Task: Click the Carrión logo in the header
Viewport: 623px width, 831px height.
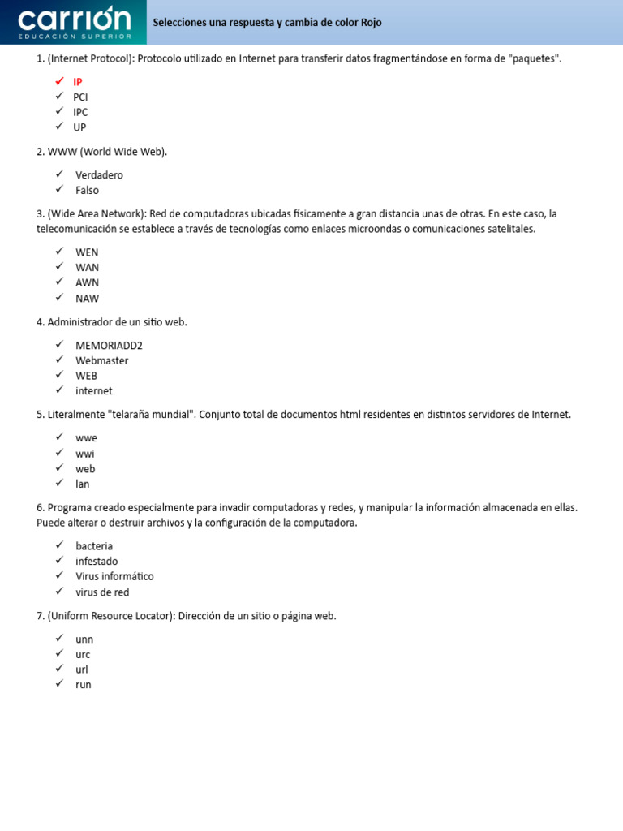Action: pyautogui.click(x=74, y=22)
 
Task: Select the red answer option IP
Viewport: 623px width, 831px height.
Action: pyautogui.click(x=78, y=82)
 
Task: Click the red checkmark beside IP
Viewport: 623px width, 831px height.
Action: pyautogui.click(x=59, y=81)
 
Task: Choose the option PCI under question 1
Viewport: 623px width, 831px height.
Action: pyautogui.click(x=80, y=97)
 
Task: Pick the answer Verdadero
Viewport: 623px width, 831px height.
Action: pyautogui.click(x=99, y=175)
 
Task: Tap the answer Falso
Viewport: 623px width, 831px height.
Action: pyautogui.click(x=87, y=191)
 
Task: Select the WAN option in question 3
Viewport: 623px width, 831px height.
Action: pyautogui.click(x=87, y=267)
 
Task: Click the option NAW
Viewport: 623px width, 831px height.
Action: pyautogui.click(x=87, y=298)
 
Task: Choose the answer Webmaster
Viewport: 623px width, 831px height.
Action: pyautogui.click(x=101, y=360)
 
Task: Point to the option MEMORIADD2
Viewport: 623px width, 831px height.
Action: pyautogui.click(x=109, y=345)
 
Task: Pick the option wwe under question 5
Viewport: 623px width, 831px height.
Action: pyautogui.click(x=86, y=438)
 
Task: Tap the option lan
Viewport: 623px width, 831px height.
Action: pyautogui.click(x=83, y=484)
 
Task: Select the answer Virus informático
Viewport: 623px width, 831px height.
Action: pyautogui.click(x=114, y=577)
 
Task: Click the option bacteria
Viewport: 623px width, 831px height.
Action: pyautogui.click(x=94, y=546)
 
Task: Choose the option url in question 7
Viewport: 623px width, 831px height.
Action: pyautogui.click(x=82, y=670)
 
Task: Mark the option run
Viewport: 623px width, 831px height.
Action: pyautogui.click(x=84, y=685)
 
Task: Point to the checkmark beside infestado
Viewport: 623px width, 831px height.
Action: pyautogui.click(x=59, y=561)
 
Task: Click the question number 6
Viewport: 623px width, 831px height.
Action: pyautogui.click(x=41, y=508)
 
